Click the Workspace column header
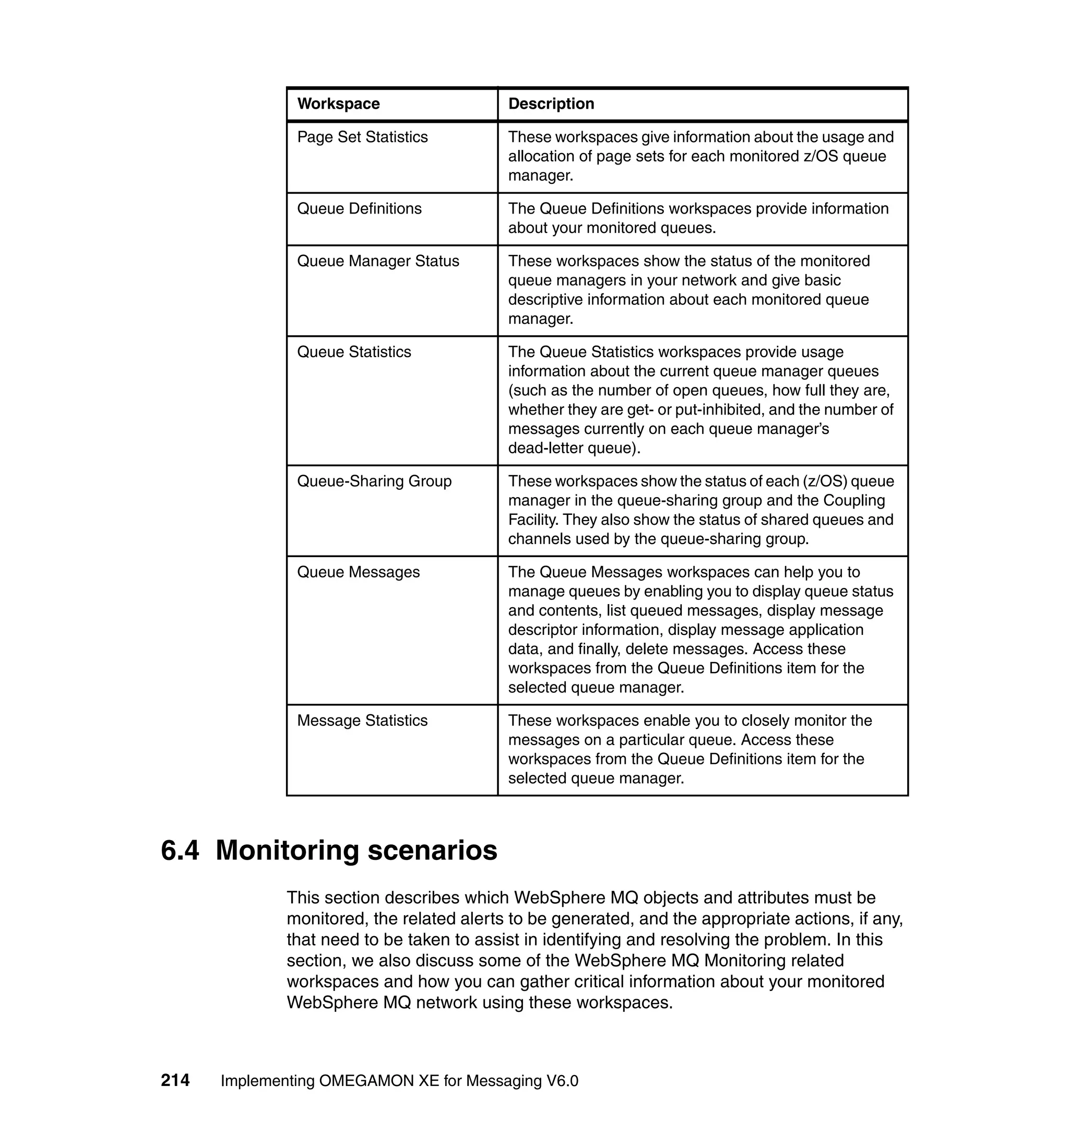tap(338, 104)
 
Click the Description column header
tap(551, 104)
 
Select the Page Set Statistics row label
tap(362, 137)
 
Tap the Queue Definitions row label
tap(359, 209)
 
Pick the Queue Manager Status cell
tap(378, 261)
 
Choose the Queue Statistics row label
tap(354, 352)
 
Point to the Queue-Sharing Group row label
tap(374, 481)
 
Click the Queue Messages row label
tap(359, 572)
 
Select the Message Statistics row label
tap(362, 721)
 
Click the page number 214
tap(175, 1080)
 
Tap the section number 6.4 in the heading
tap(180, 851)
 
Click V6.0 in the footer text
tap(562, 1081)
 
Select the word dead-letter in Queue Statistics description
tap(545, 448)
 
